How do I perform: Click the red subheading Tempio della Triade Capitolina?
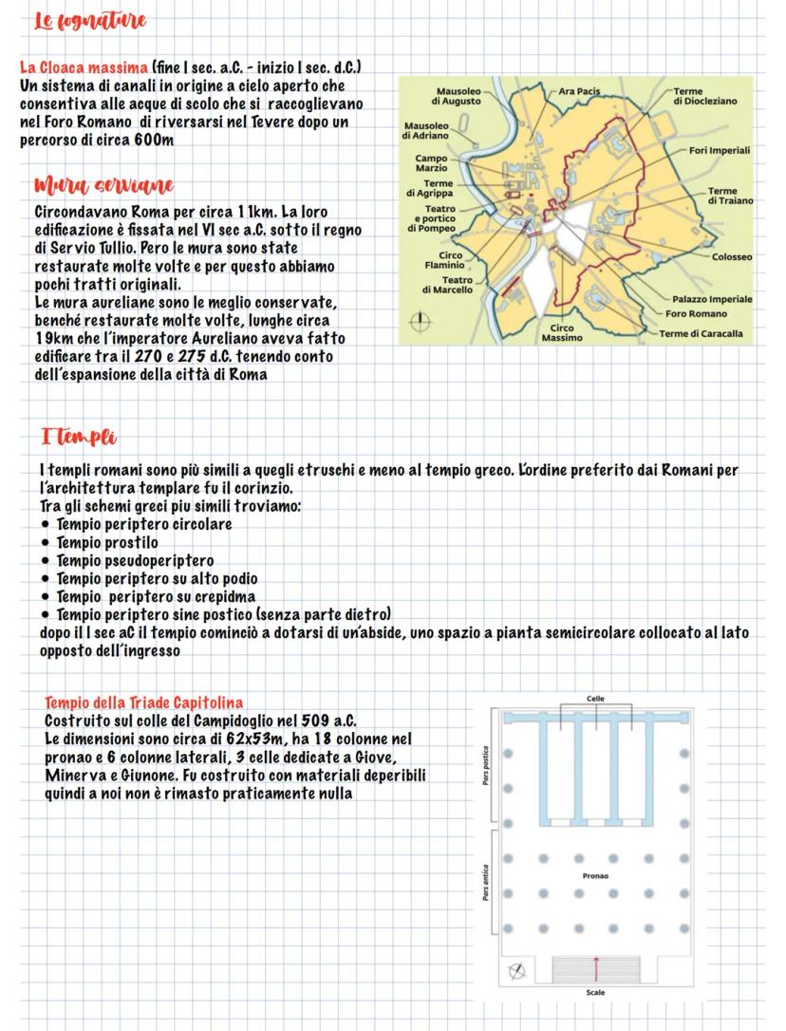pyautogui.click(x=143, y=703)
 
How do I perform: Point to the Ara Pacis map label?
pyautogui.click(x=580, y=91)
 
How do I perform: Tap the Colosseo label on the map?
pyautogui.click(x=732, y=257)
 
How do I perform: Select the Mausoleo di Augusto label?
pyautogui.click(x=457, y=96)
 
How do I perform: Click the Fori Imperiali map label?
pyautogui.click(x=720, y=150)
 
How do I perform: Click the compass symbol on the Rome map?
pyautogui.click(x=415, y=323)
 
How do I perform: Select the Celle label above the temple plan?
pyautogui.click(x=595, y=699)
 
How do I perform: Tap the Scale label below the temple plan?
pyautogui.click(x=595, y=993)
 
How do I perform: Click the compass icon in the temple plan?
pyautogui.click(x=516, y=970)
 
